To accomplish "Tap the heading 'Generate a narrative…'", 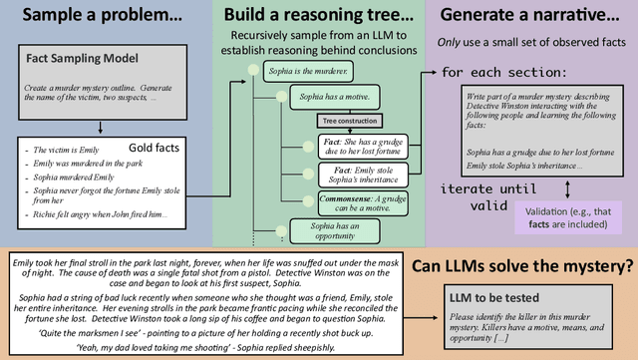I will point(528,17).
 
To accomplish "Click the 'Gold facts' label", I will point(156,148).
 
